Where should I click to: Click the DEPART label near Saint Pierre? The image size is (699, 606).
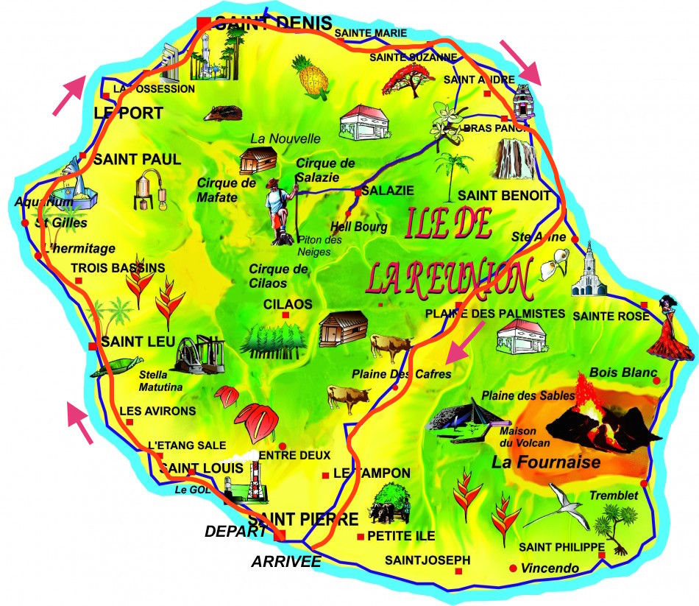[x=235, y=531]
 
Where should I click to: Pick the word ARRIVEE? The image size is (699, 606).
[x=286, y=561]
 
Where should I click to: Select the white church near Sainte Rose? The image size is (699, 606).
[x=592, y=270]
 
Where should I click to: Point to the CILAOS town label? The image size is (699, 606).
[x=288, y=303]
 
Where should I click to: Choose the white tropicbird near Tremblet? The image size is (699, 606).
[x=556, y=507]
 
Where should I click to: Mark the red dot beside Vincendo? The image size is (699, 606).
[x=513, y=568]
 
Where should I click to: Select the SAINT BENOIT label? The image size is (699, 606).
[x=504, y=195]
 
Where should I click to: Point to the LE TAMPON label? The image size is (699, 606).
[x=372, y=473]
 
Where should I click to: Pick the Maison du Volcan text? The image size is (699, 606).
[x=525, y=437]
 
